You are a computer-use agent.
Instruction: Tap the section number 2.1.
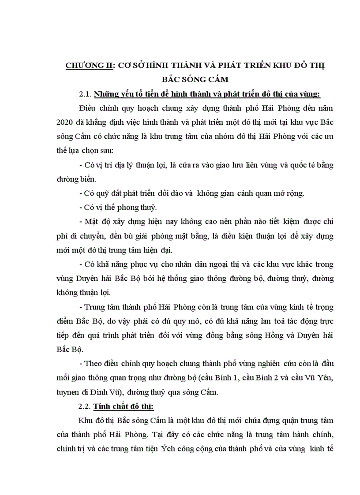tap(85, 94)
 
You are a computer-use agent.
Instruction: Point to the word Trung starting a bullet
tap(94, 306)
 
